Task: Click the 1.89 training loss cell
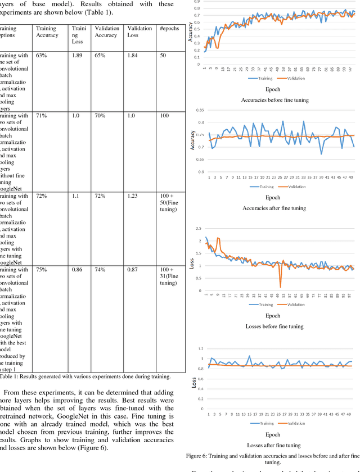(x=78, y=56)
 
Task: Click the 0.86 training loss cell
(x=77, y=270)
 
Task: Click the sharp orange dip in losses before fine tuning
(x=280, y=287)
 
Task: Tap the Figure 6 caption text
(x=273, y=459)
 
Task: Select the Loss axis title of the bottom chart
(x=192, y=382)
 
